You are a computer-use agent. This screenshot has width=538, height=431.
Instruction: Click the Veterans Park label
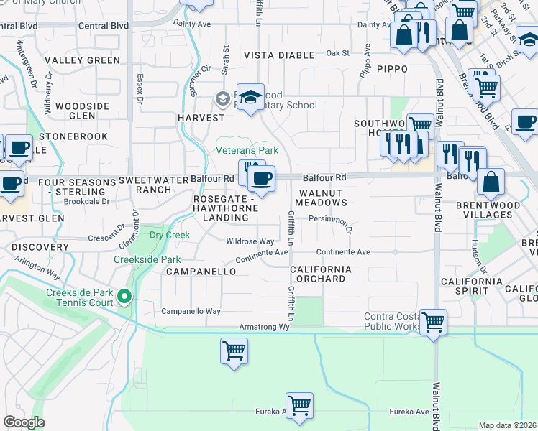pyautogui.click(x=247, y=151)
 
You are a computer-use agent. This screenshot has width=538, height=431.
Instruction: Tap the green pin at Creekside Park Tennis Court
pyautogui.click(x=124, y=296)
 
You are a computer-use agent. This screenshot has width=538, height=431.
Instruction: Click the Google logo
pyautogui.click(x=24, y=422)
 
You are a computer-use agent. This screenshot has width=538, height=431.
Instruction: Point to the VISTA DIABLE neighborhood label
pyautogui.click(x=279, y=55)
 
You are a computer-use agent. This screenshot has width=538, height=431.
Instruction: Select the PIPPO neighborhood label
pyautogui.click(x=392, y=69)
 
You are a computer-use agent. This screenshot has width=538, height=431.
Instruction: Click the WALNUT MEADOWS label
pyautogui.click(x=323, y=198)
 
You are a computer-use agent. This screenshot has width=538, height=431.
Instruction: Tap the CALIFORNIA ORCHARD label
pyautogui.click(x=321, y=274)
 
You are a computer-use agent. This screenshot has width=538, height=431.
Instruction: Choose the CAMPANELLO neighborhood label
pyautogui.click(x=201, y=272)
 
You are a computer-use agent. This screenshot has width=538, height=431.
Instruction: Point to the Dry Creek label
pyautogui.click(x=169, y=235)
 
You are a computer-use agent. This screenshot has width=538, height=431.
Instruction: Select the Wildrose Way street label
pyautogui.click(x=250, y=241)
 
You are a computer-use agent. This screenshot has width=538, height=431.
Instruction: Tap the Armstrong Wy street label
pyautogui.click(x=264, y=327)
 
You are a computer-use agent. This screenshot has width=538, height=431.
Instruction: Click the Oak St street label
pyautogui.click(x=337, y=53)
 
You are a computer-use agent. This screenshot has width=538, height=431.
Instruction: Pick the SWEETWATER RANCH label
pyautogui.click(x=145, y=185)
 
